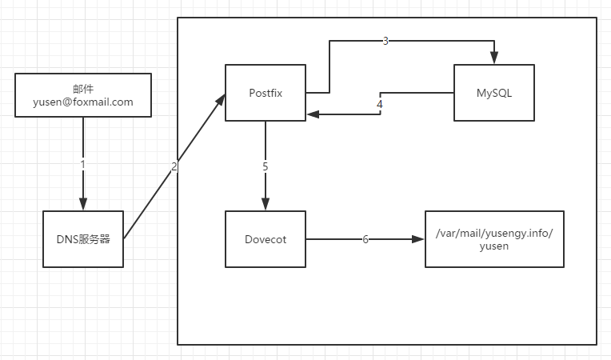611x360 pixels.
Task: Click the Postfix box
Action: coord(265,93)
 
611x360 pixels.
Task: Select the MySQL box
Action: coord(493,93)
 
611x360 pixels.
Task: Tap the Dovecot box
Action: coord(265,238)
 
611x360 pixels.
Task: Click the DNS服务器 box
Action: coord(83,238)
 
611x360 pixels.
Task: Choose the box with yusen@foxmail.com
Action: coord(83,95)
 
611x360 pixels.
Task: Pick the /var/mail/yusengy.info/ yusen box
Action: coord(494,238)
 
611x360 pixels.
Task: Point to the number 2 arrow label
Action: coord(174,166)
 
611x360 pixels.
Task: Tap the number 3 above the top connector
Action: coord(385,41)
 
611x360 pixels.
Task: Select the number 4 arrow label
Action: coord(380,104)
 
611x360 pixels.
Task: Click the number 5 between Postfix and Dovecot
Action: coord(265,166)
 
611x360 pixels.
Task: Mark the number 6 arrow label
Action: coord(365,239)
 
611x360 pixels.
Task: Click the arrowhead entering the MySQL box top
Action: coord(494,58)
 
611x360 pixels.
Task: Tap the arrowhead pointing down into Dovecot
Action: coord(265,204)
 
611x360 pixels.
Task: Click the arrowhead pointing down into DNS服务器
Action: coord(82,204)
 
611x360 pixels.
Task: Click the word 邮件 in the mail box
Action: coord(83,88)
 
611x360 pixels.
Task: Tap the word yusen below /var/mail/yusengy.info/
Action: coord(494,246)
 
